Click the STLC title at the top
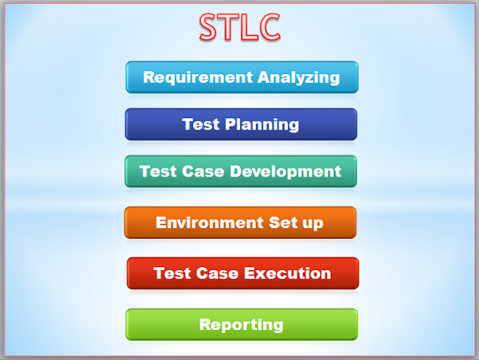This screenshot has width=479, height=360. point(240,28)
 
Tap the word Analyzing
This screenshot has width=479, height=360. point(299,77)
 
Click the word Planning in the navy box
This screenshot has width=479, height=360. point(263,124)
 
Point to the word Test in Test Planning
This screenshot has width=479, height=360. point(199,124)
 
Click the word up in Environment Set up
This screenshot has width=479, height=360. point(307,224)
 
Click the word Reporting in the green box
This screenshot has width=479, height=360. point(241,325)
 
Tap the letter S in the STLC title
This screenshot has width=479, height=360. point(210,28)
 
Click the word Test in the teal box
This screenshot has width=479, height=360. point(156,171)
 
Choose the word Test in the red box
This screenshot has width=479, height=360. point(171,273)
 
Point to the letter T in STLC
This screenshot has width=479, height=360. point(231,28)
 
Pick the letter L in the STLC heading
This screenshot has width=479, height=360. point(249,28)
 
